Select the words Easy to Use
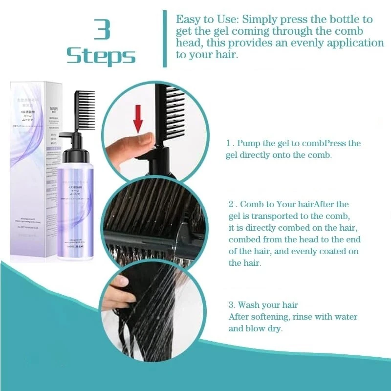(201, 20)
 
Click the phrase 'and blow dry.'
(255, 328)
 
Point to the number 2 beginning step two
(231, 204)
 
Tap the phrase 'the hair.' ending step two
(245, 263)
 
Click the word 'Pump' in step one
(249, 143)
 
